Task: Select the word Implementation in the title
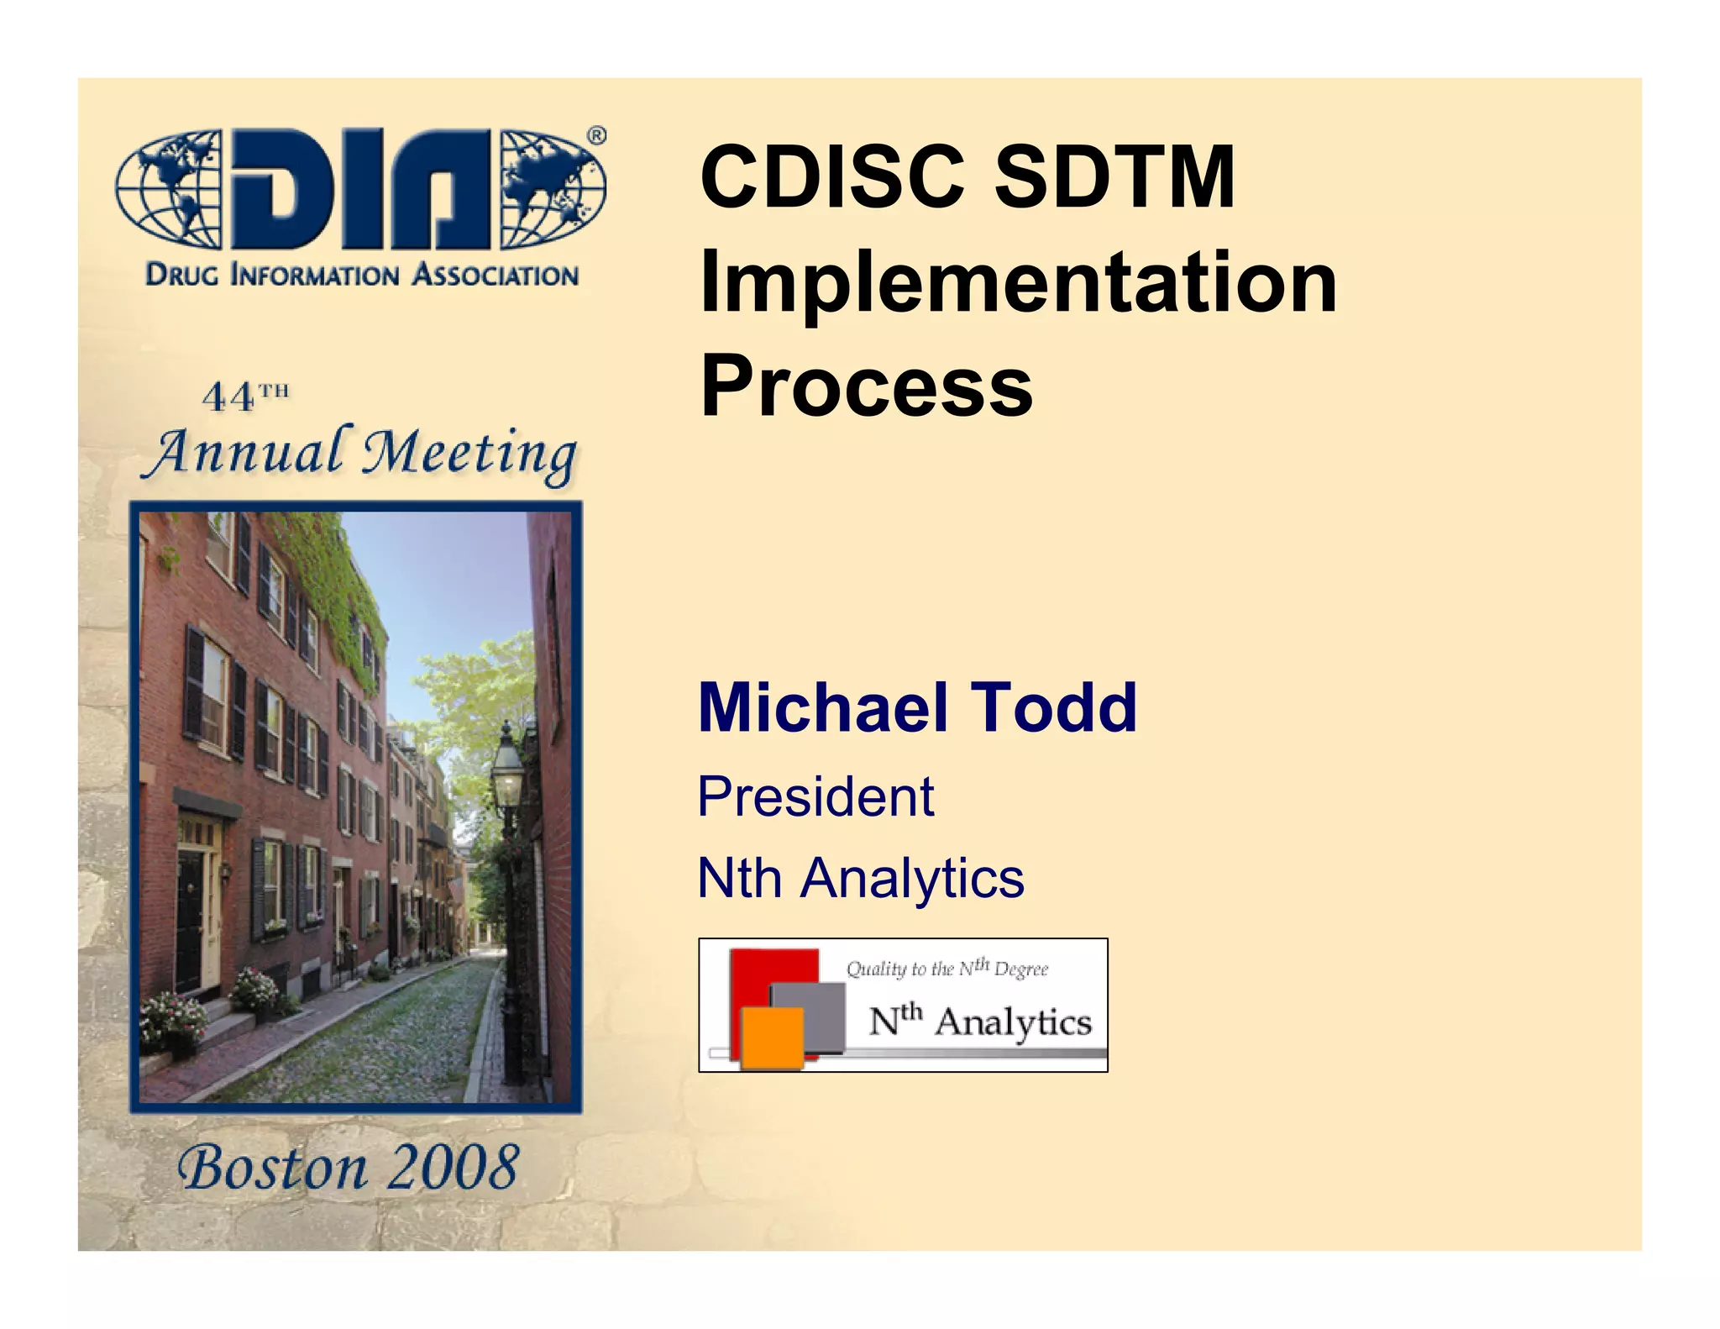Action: click(1017, 283)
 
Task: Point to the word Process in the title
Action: click(866, 386)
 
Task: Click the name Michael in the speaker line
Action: click(822, 707)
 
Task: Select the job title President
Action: click(815, 796)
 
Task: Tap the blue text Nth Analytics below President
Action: click(861, 878)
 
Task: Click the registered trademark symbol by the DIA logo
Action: click(595, 136)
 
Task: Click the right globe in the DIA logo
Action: click(552, 190)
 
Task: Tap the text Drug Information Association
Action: click(362, 275)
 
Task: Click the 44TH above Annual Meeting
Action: click(245, 397)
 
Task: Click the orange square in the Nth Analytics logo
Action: click(772, 1037)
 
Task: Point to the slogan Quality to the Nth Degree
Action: click(947, 969)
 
